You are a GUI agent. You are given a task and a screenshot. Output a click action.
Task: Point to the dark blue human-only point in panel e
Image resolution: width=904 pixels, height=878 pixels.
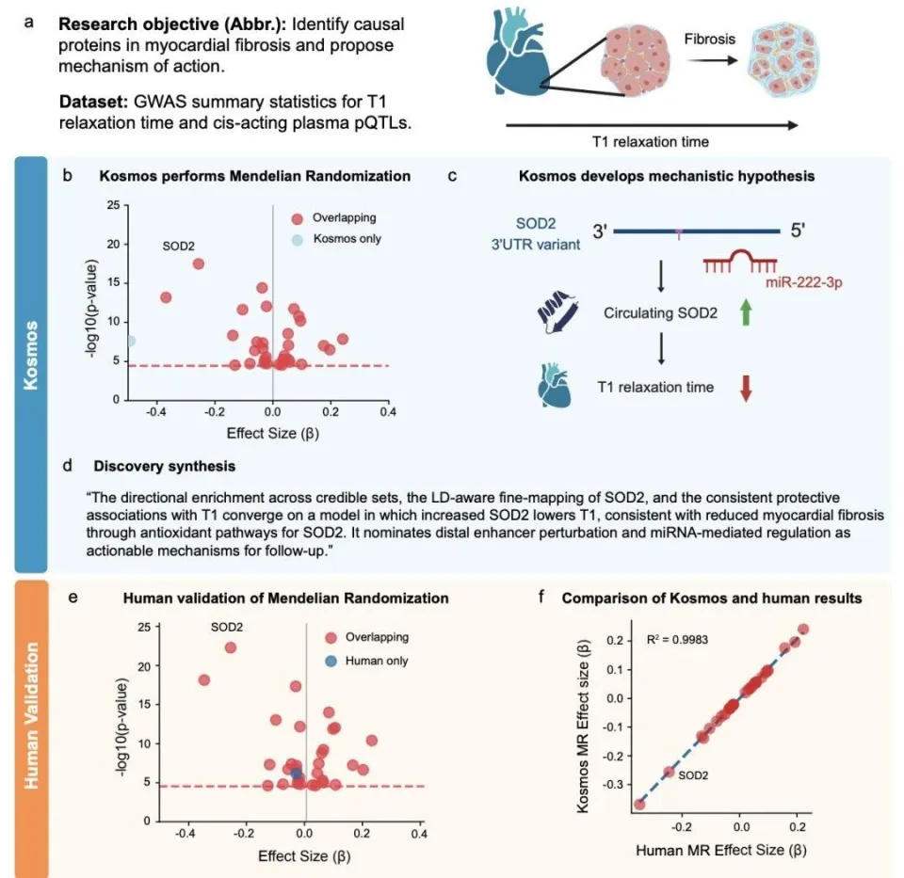(x=297, y=774)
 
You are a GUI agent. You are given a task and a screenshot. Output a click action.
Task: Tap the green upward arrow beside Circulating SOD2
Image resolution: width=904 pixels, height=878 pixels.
(x=747, y=311)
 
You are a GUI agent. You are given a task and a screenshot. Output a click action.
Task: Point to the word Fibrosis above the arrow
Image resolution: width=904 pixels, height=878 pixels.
(x=708, y=40)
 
